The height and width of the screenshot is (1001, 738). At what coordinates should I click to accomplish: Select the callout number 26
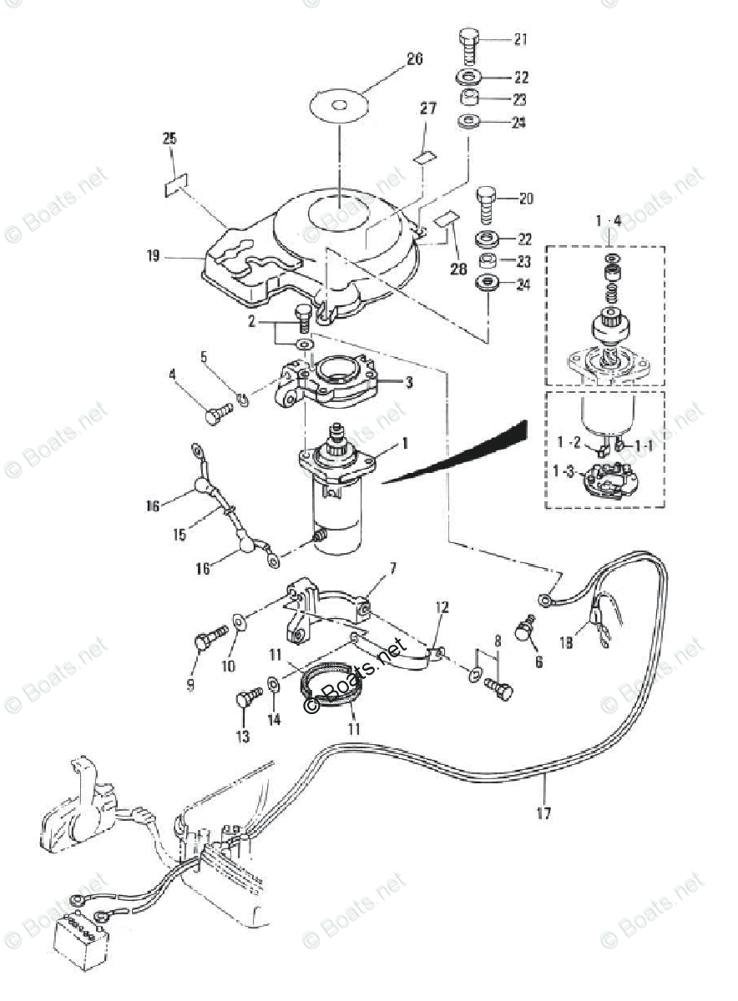[x=414, y=58]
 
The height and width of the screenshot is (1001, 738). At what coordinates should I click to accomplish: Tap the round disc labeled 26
[x=340, y=105]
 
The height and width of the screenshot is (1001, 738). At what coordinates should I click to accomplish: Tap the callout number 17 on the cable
[x=543, y=812]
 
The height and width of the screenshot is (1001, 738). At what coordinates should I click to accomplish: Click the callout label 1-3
[x=564, y=472]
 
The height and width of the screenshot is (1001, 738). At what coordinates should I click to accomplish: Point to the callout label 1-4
[x=609, y=220]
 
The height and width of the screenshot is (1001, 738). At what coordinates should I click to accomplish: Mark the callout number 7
[x=392, y=568]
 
